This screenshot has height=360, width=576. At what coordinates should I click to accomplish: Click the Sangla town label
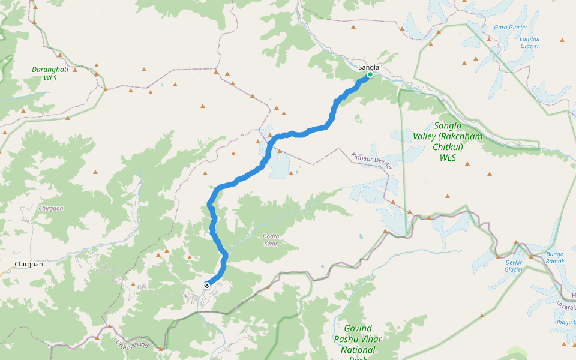tap(368, 67)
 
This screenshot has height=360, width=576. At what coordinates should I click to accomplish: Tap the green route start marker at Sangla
tap(370, 75)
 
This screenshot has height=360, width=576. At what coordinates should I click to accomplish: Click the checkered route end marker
tap(207, 285)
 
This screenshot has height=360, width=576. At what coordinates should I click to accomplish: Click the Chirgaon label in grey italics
tap(50, 208)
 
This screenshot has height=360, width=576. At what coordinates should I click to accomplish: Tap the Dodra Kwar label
tap(271, 240)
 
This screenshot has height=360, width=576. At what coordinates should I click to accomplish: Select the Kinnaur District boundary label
tap(371, 161)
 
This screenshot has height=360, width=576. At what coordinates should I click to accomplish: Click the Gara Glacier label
tap(510, 28)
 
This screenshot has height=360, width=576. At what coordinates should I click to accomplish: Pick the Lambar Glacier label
tap(530, 43)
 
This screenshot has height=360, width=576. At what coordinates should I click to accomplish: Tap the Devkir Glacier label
tap(514, 266)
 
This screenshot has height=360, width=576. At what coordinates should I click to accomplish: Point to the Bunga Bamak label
tap(555, 258)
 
